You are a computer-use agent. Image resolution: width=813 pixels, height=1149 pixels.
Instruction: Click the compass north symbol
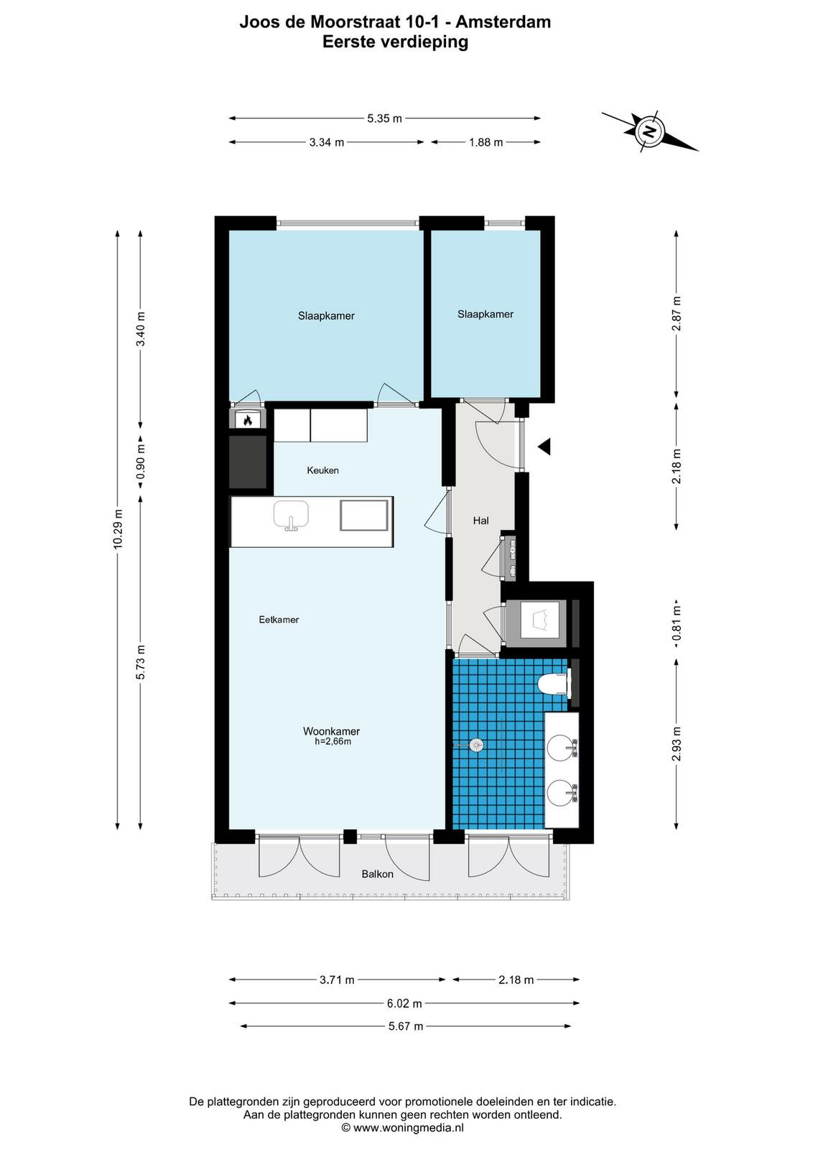coord(649,131)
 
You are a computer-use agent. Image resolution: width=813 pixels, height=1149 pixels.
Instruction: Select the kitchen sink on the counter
coord(291,515)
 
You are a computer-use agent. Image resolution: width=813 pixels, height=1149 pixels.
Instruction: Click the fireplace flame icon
coord(248,420)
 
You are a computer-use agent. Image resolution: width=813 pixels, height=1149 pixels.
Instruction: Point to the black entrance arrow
coord(544,446)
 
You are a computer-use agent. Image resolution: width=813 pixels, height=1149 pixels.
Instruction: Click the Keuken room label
coord(322,470)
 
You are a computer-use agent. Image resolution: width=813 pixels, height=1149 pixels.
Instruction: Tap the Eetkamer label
coord(279,619)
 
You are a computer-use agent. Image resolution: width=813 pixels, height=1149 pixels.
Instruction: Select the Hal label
coord(480,521)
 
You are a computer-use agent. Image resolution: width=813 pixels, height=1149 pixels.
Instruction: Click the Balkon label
coord(378,874)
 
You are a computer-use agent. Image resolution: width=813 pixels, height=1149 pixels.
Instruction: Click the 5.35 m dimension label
coord(384,118)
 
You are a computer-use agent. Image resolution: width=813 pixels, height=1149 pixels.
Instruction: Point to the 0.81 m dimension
coord(677,623)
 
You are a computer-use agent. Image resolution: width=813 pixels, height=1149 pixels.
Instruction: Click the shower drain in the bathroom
coord(476,745)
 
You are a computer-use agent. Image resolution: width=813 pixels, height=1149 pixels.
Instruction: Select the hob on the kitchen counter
coord(363,516)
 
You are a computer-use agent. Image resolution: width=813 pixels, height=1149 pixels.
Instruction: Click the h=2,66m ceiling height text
coord(333,742)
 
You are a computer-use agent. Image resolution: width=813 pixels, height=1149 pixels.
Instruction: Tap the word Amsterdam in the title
coord(503,22)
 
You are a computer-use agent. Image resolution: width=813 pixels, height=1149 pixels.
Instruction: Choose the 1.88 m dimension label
coord(486,143)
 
